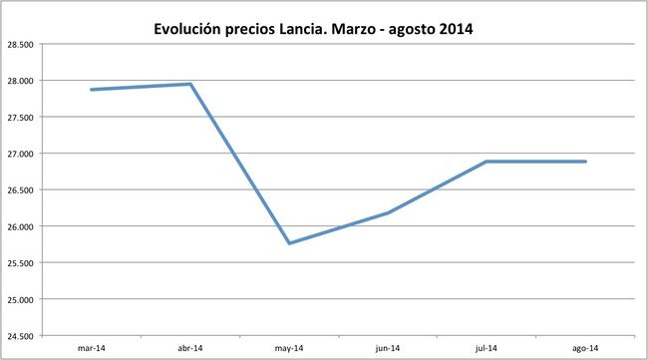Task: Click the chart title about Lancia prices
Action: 313,29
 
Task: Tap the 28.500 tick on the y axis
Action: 20,44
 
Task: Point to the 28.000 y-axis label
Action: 20,81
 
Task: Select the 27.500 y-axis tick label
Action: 20,117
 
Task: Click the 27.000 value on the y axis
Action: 20,154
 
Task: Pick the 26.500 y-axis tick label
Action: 20,189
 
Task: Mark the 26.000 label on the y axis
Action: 20,226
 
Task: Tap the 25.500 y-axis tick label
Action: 20,263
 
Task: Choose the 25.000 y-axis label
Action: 20,299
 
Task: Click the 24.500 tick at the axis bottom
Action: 20,336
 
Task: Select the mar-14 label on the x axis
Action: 91,348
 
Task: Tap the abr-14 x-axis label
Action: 189,348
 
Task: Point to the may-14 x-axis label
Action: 289,348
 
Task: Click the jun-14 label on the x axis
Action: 388,348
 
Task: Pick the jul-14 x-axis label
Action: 486,348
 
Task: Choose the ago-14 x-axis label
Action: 585,348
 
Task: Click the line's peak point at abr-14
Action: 190,84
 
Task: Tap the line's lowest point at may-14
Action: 289,243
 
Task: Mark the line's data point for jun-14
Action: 388,212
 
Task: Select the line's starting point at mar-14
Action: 92,90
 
